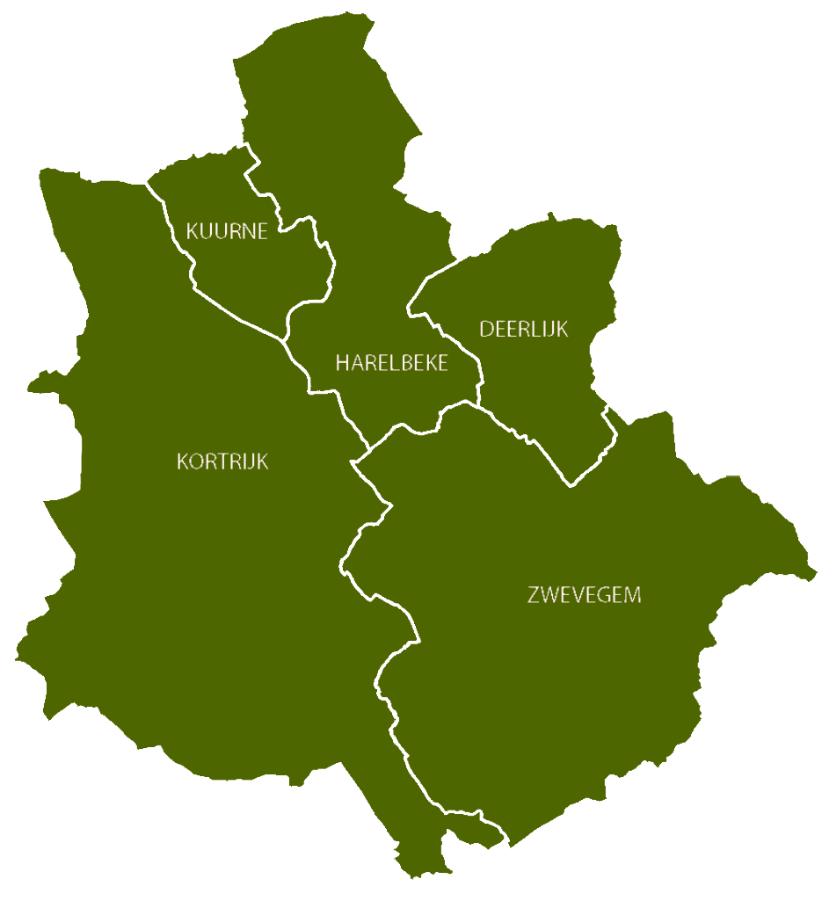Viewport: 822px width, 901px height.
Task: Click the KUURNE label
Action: point(226,231)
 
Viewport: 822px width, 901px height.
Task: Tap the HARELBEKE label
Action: point(391,363)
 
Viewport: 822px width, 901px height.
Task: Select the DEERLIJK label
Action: point(523,329)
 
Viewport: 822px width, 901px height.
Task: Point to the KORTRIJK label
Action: point(222,461)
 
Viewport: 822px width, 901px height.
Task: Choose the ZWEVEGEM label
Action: point(584,595)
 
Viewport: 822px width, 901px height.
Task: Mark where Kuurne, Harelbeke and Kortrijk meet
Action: point(283,339)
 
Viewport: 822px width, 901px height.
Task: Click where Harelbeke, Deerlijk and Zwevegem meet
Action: point(478,405)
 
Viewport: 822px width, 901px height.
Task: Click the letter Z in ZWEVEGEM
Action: point(534,595)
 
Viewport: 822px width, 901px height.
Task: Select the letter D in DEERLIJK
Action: point(485,329)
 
